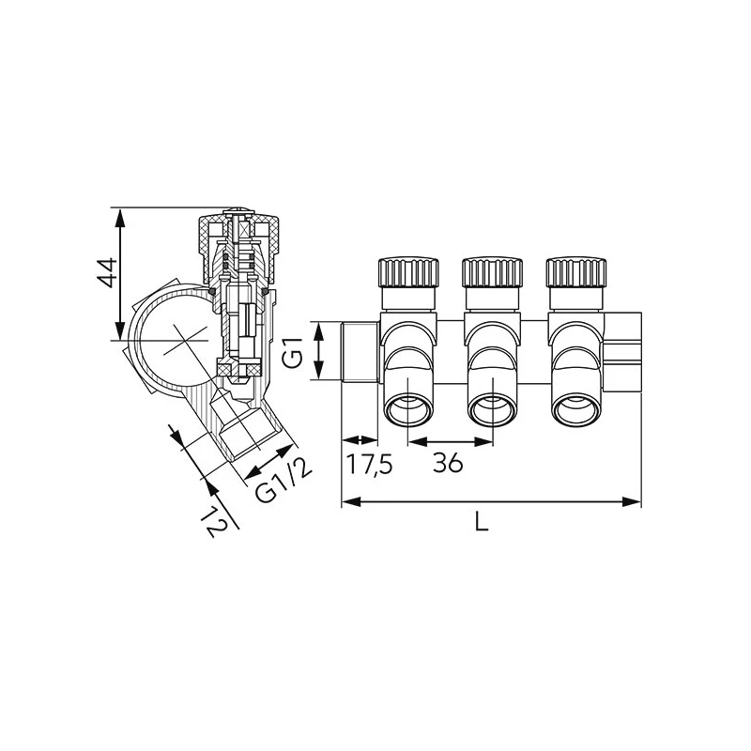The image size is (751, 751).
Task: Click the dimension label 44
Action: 107,273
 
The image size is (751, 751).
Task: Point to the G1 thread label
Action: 293,353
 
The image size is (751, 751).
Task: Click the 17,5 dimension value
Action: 369,464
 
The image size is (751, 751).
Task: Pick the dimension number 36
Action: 449,463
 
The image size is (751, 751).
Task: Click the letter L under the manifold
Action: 482,521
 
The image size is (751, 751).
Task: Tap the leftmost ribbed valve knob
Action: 408,272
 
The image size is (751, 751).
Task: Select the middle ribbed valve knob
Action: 492,272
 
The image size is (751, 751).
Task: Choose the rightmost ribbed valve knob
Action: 576,272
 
